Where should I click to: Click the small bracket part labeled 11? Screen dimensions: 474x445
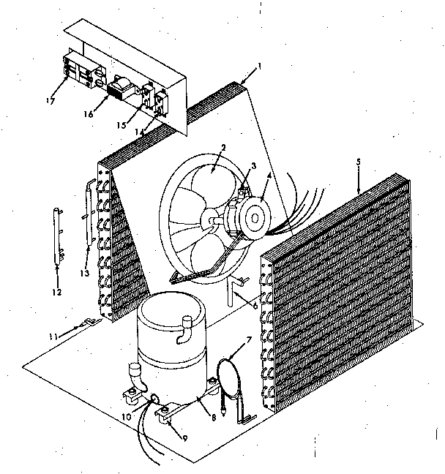[x=87, y=322]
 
